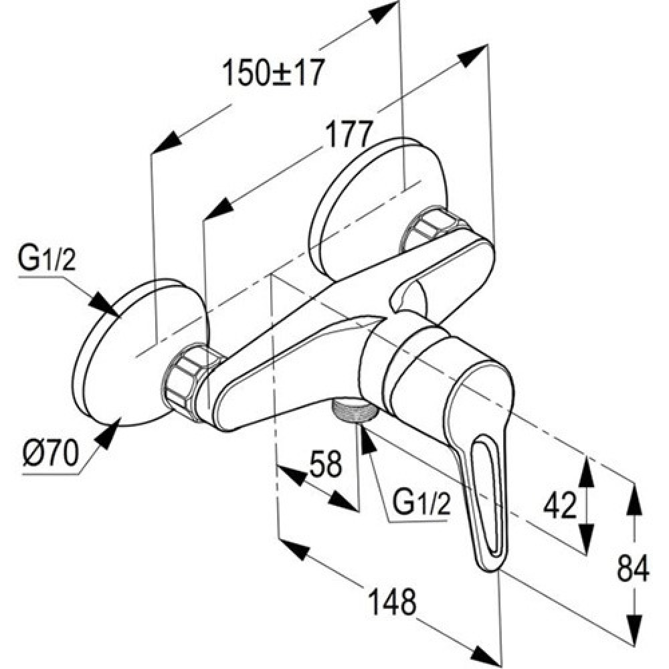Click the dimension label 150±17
click(x=274, y=73)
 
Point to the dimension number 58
click(x=326, y=464)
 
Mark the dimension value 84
click(x=633, y=569)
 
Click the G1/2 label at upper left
click(x=47, y=259)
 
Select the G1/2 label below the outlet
click(x=421, y=502)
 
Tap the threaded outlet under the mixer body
click(x=355, y=411)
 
